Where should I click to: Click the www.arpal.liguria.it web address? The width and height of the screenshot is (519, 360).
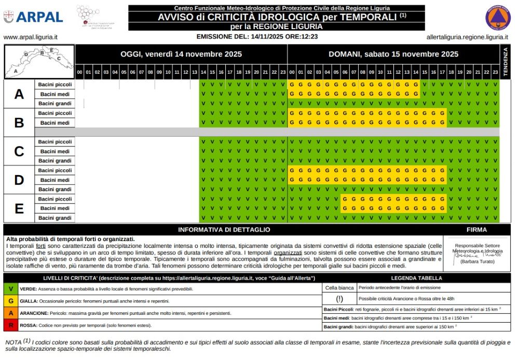30,37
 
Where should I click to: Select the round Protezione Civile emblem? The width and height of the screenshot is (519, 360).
498,17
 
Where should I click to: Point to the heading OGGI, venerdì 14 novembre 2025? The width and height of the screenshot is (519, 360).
181,54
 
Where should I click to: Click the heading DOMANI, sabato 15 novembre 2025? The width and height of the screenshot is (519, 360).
393,54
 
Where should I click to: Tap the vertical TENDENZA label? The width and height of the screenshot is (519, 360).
506,61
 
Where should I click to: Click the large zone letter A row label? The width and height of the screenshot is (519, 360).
19,94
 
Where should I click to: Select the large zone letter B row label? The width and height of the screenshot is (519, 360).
19,123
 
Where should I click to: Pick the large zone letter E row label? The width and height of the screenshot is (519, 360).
19,208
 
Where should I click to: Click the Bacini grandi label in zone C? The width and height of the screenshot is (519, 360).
55,161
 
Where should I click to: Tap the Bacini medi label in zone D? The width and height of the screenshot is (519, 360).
55,180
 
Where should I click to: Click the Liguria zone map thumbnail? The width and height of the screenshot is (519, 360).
39,61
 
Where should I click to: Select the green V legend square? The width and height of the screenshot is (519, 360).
10,288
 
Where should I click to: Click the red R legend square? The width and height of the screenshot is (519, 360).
10,325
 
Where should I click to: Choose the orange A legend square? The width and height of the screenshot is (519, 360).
10,313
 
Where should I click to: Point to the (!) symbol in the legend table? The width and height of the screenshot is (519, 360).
339,299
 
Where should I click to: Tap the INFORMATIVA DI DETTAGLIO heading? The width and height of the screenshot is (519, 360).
224,230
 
